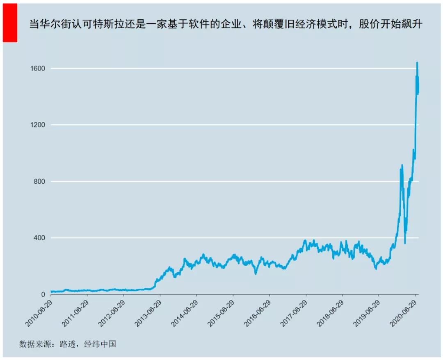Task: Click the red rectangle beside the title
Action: [x=10, y=23]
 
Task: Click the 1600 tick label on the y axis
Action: [x=37, y=68]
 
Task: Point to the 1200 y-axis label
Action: [x=37, y=125]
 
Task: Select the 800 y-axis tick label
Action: [x=39, y=182]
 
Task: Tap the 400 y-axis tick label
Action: [x=39, y=238]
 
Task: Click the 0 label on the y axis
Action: [x=43, y=295]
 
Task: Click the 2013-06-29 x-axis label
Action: [x=148, y=312]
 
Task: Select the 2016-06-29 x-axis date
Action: [x=257, y=312]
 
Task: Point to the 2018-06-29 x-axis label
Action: [x=330, y=312]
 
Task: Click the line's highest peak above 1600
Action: [x=417, y=63]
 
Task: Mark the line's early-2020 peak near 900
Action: [x=402, y=165]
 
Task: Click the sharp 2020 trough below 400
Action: [x=405, y=243]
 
